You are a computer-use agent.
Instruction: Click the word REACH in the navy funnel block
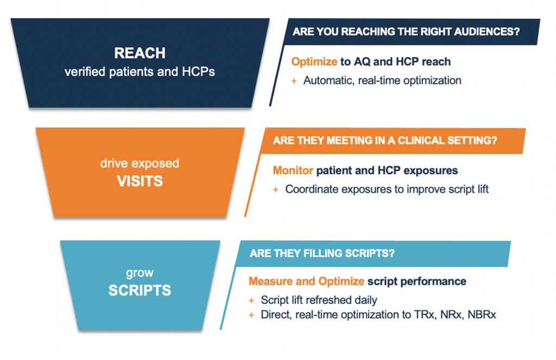(x=140, y=53)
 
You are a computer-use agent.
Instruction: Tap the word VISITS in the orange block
(x=140, y=181)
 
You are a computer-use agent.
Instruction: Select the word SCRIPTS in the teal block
(x=140, y=290)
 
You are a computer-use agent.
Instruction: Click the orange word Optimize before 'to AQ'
(x=314, y=62)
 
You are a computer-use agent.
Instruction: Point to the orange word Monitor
(x=293, y=170)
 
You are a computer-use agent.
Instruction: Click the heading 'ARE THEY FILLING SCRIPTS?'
(x=322, y=253)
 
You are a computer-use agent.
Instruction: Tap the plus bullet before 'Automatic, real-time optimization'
(x=294, y=81)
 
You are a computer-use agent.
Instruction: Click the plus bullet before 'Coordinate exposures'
(x=275, y=190)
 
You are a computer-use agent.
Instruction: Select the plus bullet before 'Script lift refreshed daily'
(x=251, y=301)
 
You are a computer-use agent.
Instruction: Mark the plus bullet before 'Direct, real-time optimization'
(x=251, y=315)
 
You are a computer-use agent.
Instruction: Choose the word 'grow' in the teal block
(x=140, y=273)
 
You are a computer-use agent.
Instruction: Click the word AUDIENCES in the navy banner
(x=487, y=31)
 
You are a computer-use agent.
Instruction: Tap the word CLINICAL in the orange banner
(x=421, y=141)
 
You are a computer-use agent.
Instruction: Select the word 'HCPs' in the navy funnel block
(x=198, y=72)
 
